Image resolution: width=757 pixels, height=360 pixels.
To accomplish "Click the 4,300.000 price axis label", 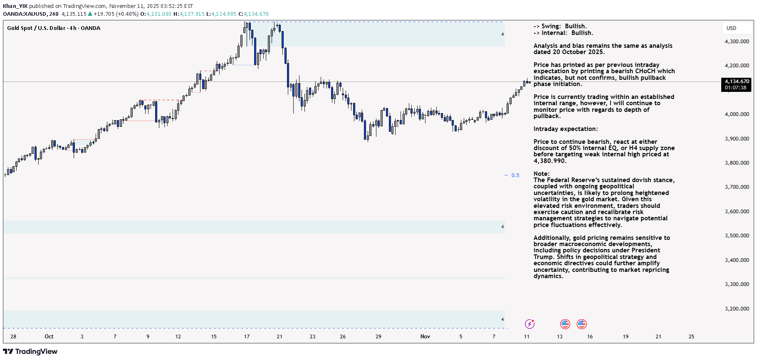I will (x=737, y=42).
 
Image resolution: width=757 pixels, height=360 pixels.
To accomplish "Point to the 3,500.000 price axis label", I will (x=737, y=236).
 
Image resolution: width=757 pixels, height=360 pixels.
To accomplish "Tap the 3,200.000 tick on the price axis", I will (x=737, y=309).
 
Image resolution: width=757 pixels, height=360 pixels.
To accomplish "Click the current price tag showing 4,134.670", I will (x=737, y=81).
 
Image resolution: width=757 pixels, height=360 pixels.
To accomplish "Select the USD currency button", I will (x=731, y=28).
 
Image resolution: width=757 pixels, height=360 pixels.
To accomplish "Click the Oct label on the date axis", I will (x=49, y=337).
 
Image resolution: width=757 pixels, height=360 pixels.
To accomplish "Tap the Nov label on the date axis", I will (x=425, y=337).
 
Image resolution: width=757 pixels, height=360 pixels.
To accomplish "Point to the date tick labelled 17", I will (x=247, y=337).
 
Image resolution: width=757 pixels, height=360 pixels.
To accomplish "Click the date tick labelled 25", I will (x=691, y=337).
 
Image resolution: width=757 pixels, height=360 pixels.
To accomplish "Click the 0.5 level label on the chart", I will (x=515, y=175).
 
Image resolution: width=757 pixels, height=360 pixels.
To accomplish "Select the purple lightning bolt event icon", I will (x=529, y=324).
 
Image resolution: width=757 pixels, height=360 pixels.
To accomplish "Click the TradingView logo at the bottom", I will (x=30, y=352).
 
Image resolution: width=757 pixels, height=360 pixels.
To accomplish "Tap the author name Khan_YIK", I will (x=15, y=6).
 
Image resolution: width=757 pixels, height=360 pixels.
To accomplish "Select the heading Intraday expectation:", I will (x=566, y=129).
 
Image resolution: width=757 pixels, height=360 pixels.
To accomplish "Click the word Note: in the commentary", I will (x=542, y=174).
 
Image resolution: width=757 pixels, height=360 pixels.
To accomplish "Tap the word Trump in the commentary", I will (x=543, y=257).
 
